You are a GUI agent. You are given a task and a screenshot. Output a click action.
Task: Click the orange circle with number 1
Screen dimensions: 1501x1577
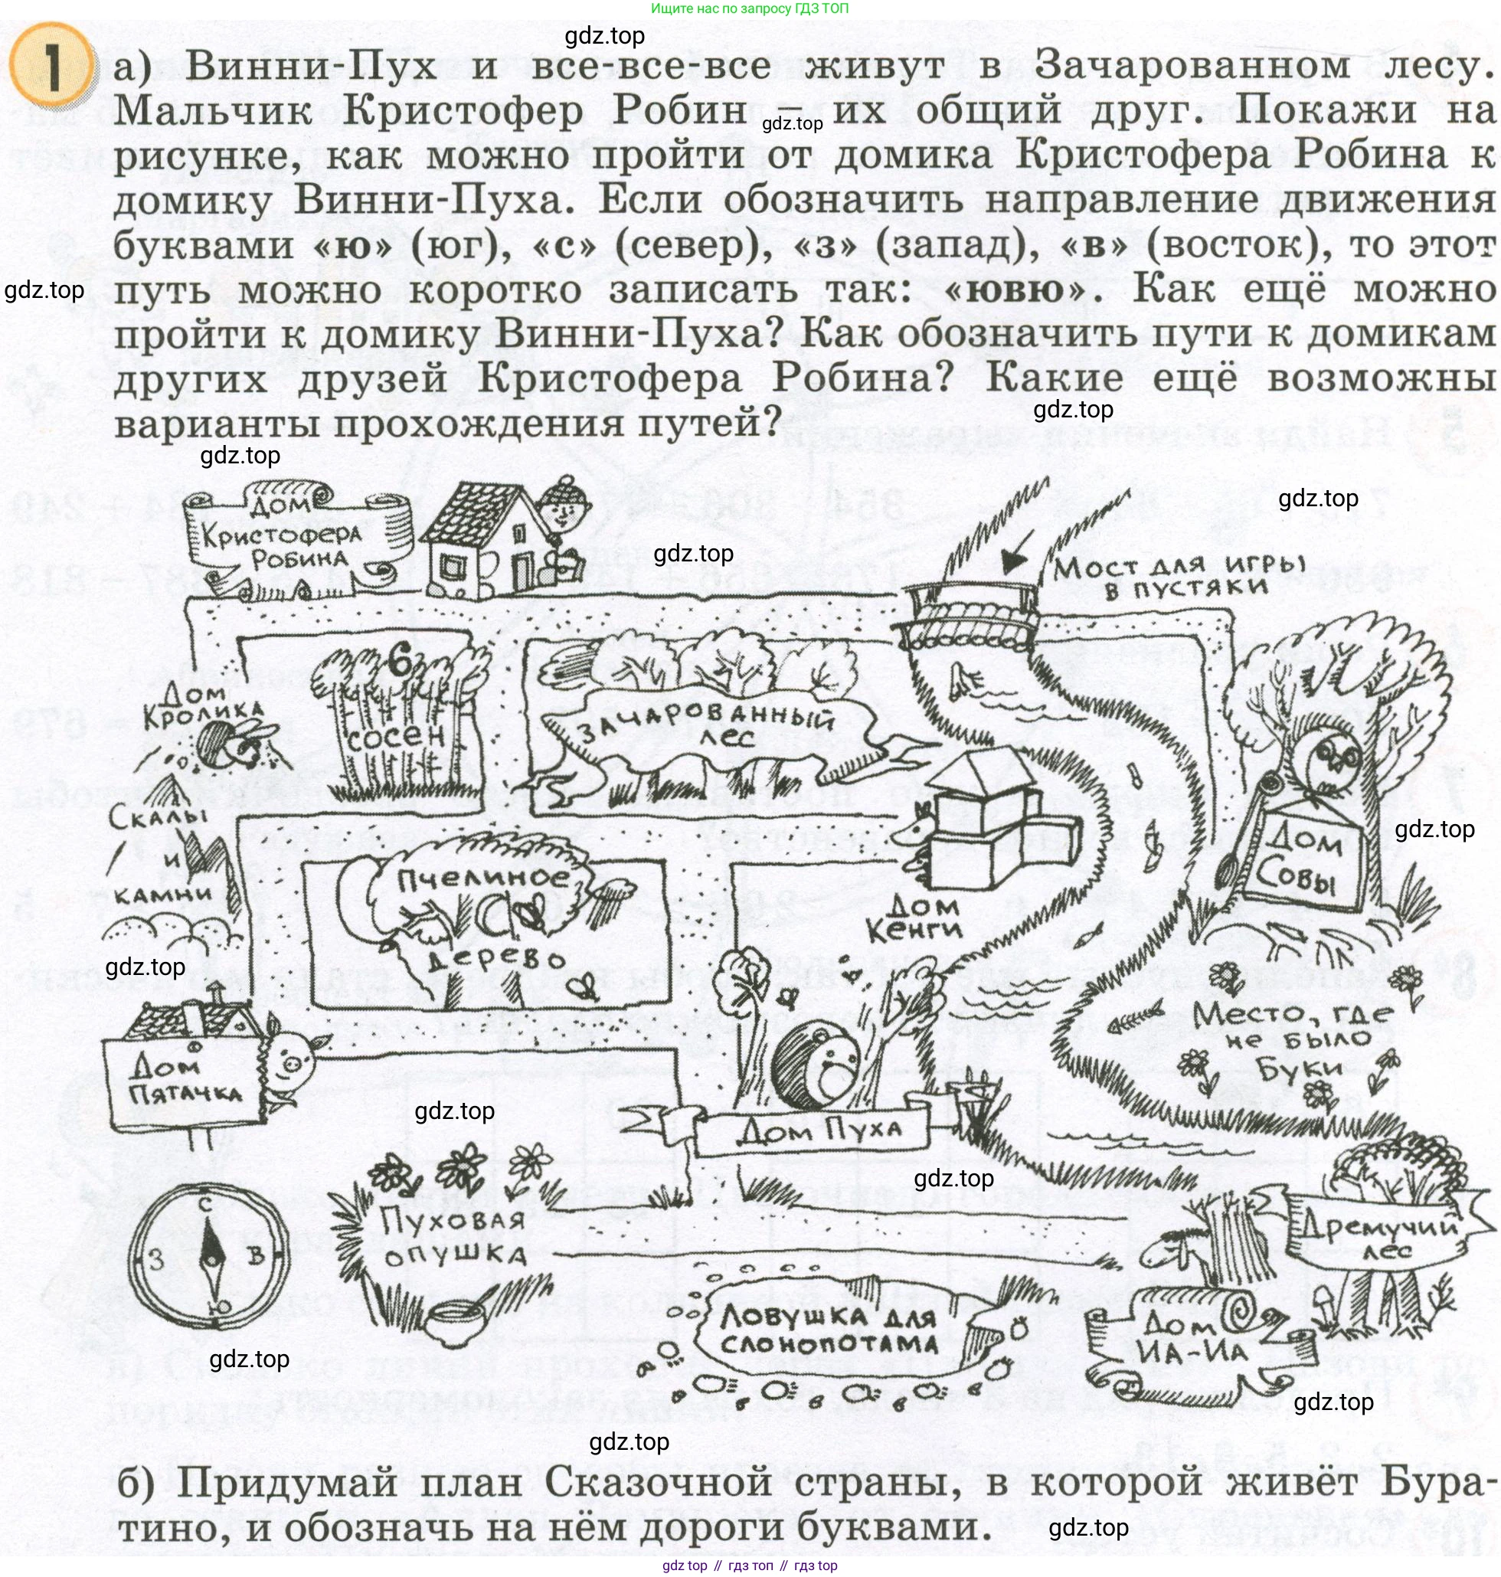(x=50, y=65)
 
